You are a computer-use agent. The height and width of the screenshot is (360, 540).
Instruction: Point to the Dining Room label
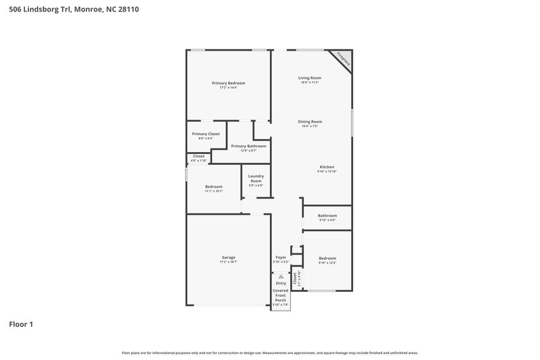point(310,122)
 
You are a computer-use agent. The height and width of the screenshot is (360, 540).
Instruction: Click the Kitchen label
point(327,167)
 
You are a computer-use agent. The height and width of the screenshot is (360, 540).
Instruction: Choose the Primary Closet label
point(205,134)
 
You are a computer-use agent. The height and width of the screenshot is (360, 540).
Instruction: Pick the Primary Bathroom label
point(248,146)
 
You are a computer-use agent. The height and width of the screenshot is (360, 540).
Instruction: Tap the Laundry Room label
point(256,179)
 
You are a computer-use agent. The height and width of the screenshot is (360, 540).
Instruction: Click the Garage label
point(228,257)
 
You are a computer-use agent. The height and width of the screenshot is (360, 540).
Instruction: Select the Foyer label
point(281,257)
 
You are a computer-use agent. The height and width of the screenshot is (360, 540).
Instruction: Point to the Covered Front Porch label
point(280,294)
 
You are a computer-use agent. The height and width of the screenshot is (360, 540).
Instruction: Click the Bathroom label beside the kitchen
point(327,215)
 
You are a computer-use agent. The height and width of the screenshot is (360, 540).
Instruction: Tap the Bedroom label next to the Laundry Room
point(214,186)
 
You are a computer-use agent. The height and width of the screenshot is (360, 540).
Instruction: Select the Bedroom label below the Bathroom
point(327,258)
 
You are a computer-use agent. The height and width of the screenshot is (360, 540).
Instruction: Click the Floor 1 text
point(21,324)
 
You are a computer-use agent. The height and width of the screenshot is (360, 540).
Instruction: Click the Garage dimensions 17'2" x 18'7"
point(228,261)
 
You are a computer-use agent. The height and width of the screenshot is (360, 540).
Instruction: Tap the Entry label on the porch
point(280,283)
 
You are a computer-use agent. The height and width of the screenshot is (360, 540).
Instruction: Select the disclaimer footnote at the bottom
point(269,353)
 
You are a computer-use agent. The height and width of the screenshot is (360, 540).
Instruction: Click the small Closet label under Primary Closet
point(198,156)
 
